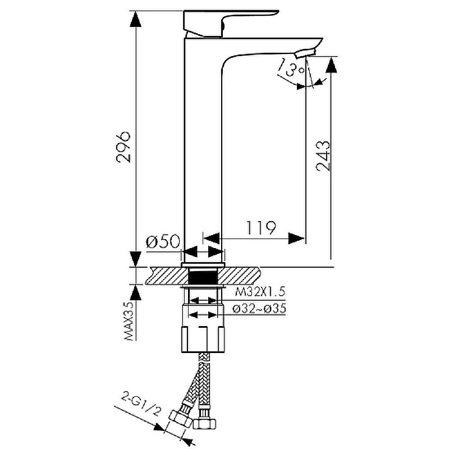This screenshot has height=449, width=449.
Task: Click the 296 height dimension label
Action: click(123, 147)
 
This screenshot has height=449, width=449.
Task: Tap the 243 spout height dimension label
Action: click(323, 156)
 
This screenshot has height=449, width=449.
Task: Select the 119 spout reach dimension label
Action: click(261, 228)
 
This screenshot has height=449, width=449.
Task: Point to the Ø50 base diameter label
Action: click(163, 241)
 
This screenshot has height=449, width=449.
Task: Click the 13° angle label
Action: click(290, 67)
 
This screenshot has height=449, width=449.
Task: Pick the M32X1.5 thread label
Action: click(260, 292)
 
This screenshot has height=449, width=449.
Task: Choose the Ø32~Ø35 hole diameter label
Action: click(259, 309)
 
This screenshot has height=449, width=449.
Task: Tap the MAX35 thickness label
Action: click(130, 322)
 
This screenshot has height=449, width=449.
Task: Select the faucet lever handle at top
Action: click(226, 24)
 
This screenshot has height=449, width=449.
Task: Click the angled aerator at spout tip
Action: click(306, 53)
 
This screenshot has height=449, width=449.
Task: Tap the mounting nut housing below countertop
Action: click(203, 328)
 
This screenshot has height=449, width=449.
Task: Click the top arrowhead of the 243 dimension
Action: click(331, 65)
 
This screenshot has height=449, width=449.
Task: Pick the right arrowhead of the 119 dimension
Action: click(296, 238)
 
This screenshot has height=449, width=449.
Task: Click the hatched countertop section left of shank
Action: click(167, 276)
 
